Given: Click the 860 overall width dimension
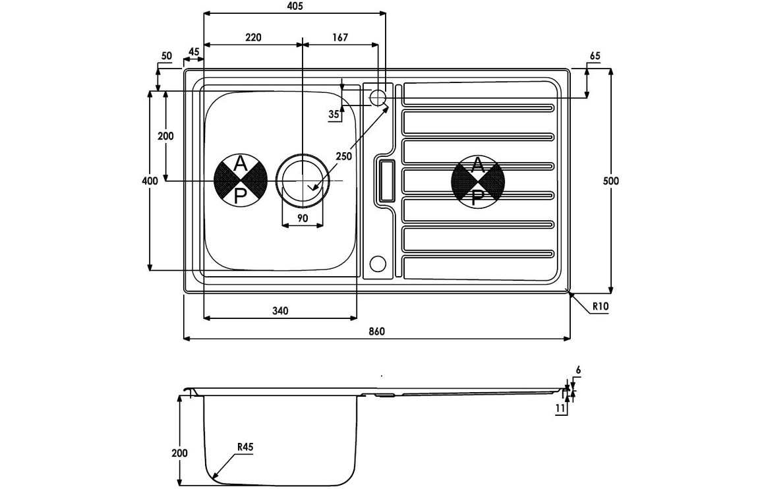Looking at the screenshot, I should coord(376,331).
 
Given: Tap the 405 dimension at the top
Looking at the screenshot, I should coord(295,7).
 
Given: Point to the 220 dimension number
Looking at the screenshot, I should coord(253,38).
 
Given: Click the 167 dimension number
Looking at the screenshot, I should coord(339,38).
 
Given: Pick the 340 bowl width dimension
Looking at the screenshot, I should coord(280,310).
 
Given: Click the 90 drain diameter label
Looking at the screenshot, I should coord(303,218).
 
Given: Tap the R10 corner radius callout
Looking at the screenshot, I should coord(599,306).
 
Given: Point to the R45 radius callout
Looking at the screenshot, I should coord(245,447).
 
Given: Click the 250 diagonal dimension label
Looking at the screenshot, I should coord(343,156).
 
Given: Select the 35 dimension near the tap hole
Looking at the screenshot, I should coord(334,115).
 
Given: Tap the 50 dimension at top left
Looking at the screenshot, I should coord(166,56).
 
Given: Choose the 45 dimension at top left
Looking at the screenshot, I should coord(194,51).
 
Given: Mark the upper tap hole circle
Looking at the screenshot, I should coord(378,98).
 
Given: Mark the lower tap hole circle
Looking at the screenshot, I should coord(378,263).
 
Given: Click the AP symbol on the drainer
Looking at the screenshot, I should coord(478,181).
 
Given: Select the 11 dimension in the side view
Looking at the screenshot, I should coord(560,409).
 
